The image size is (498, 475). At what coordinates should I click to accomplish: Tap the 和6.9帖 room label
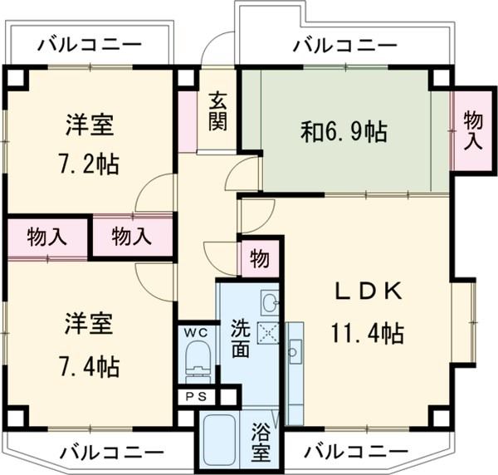[x=343, y=131]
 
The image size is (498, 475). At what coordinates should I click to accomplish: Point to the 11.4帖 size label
[x=369, y=334]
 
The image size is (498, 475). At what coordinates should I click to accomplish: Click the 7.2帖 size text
[x=90, y=163]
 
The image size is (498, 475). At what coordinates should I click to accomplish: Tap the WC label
[x=196, y=332]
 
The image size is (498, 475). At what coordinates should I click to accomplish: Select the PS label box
[x=196, y=396]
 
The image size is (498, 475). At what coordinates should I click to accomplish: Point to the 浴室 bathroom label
[x=261, y=443]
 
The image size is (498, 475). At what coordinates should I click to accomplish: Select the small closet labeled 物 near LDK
[x=259, y=259]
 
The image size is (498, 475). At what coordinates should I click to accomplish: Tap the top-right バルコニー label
[x=344, y=44]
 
